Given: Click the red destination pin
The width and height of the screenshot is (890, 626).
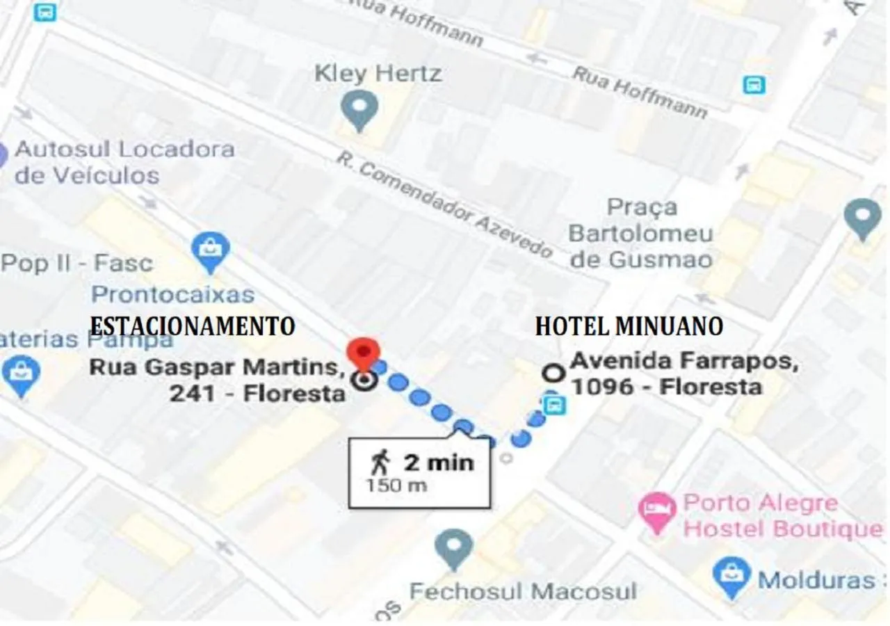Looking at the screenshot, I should (x=363, y=352).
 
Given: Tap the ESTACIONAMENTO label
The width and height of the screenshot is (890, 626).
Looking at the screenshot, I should (x=193, y=326).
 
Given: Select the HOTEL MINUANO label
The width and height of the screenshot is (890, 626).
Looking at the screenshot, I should (x=629, y=326).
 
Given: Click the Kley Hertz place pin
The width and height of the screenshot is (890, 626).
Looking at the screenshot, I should (x=359, y=110).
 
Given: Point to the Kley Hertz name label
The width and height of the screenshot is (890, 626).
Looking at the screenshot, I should (x=378, y=73).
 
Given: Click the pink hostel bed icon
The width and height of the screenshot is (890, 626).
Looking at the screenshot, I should (x=656, y=512).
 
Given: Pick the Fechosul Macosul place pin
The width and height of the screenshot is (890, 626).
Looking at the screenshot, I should (x=454, y=547).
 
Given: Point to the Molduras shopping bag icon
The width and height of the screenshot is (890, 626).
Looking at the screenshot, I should (x=731, y=577).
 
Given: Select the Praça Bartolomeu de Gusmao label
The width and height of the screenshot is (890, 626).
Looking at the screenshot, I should (x=640, y=234).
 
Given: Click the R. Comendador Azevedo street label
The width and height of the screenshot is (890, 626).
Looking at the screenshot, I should (x=444, y=204).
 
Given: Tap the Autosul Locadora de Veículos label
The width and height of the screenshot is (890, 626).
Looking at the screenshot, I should (x=124, y=161).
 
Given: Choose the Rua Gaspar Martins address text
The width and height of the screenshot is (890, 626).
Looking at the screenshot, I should (x=218, y=380).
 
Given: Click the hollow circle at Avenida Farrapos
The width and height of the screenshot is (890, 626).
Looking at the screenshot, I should (x=553, y=374).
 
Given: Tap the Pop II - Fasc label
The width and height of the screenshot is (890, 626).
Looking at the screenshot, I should (x=76, y=264).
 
